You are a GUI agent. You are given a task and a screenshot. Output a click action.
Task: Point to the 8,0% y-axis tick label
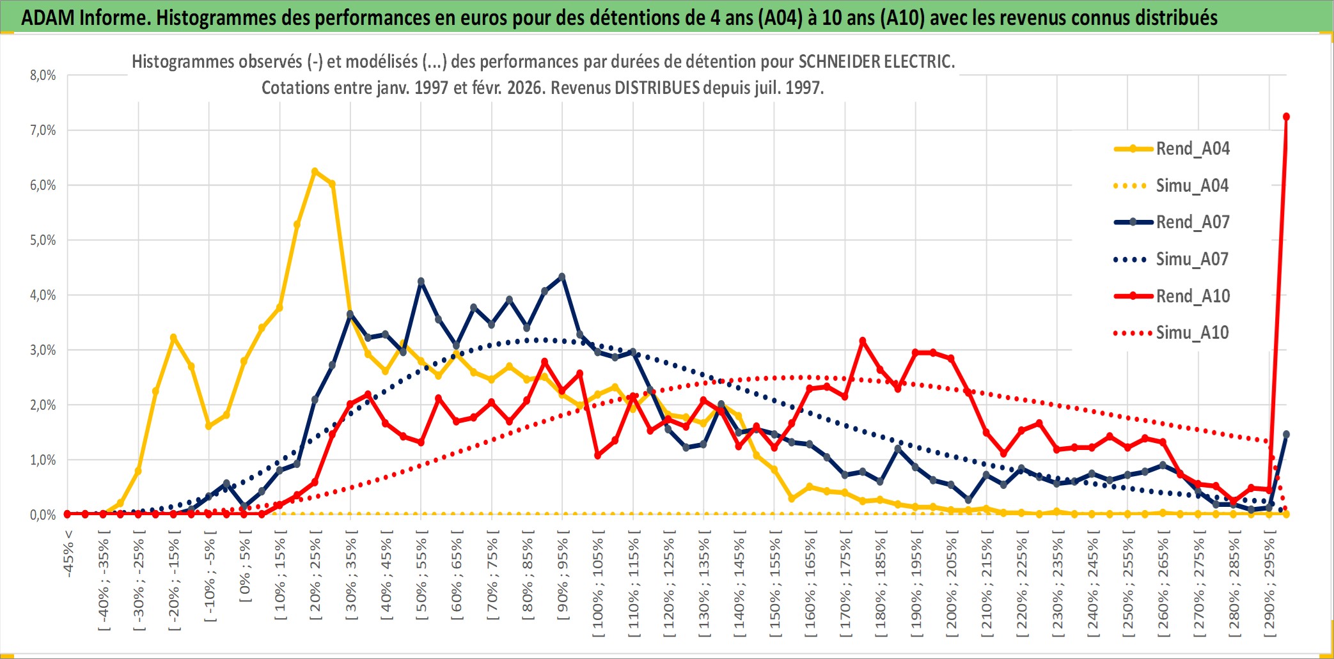click(x=43, y=75)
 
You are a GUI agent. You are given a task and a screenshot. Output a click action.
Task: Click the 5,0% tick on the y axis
click(x=43, y=240)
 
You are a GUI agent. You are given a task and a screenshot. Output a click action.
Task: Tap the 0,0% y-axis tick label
click(x=43, y=515)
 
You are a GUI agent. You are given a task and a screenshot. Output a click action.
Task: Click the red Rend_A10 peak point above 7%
click(x=1286, y=117)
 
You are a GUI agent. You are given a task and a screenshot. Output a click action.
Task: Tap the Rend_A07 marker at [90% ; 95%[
click(x=562, y=277)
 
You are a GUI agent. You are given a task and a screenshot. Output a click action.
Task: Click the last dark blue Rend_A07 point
click(x=1286, y=435)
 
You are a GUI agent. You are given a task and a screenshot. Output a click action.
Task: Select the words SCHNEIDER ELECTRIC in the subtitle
click(x=876, y=62)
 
